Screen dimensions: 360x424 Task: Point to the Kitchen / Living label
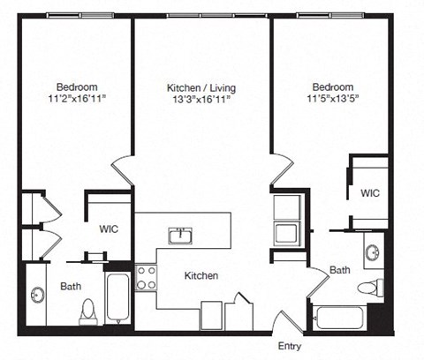[x=201, y=88]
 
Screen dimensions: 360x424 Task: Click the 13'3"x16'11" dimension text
[x=201, y=101]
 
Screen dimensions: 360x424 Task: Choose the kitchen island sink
[x=181, y=235]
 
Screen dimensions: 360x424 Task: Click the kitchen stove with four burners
[x=146, y=279]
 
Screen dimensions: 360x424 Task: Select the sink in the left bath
[x=38, y=294]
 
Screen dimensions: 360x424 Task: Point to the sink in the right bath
[x=372, y=251]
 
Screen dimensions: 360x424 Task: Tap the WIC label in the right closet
[x=369, y=193]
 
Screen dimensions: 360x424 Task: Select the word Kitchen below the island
[x=201, y=275]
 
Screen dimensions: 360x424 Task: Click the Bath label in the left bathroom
[x=71, y=286]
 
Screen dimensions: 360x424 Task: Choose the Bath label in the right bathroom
[x=340, y=270]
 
